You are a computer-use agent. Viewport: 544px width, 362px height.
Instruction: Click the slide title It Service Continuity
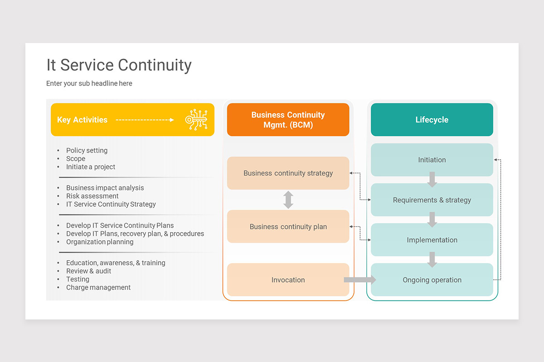tap(119, 65)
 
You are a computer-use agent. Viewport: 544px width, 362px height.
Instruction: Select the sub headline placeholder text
tap(89, 83)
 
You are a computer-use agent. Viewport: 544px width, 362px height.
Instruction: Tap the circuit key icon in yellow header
tap(196, 120)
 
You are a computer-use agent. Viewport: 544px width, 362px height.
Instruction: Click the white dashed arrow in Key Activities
tap(145, 120)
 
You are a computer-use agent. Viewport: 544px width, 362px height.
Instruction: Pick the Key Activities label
tap(82, 120)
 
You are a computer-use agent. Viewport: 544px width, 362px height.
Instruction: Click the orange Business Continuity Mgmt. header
tap(288, 120)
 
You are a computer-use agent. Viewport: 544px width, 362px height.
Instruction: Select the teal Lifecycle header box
tap(432, 120)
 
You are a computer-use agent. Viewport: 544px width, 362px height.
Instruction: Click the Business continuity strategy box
tap(288, 173)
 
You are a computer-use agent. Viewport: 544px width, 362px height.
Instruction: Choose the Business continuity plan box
tap(288, 227)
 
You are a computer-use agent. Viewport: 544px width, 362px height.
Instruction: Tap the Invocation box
tap(288, 280)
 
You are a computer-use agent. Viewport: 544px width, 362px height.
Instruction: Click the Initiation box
tap(432, 160)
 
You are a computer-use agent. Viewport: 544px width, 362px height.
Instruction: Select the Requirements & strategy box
tap(432, 200)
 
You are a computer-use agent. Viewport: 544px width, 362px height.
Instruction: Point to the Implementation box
tap(432, 240)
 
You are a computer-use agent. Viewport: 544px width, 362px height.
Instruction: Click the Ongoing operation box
tap(432, 280)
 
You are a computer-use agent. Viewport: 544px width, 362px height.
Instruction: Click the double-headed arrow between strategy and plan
tap(288, 200)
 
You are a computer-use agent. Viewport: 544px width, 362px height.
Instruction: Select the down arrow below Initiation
tap(432, 180)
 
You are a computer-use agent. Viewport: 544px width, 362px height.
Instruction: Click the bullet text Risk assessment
tap(92, 196)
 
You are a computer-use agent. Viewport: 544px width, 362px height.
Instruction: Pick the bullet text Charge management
tap(98, 287)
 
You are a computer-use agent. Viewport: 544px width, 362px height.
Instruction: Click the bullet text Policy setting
tap(87, 150)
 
